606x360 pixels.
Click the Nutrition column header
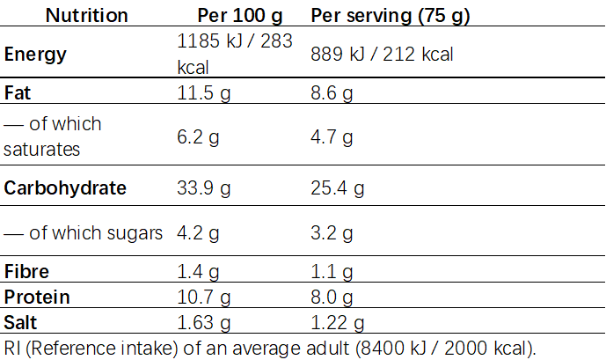click(86, 16)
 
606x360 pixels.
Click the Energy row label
click(35, 55)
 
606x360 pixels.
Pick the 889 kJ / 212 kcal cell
click(383, 55)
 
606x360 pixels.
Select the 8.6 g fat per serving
click(332, 92)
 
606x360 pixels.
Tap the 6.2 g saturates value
click(198, 136)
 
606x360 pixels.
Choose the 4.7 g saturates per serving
click(332, 136)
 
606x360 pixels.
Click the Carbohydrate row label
click(65, 187)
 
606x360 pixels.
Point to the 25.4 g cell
click(338, 187)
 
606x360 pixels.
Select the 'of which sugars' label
click(84, 233)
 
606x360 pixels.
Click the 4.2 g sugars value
click(198, 233)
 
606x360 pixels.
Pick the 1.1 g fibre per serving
click(331, 272)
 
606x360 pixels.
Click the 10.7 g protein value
click(203, 298)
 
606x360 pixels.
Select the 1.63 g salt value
click(203, 322)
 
